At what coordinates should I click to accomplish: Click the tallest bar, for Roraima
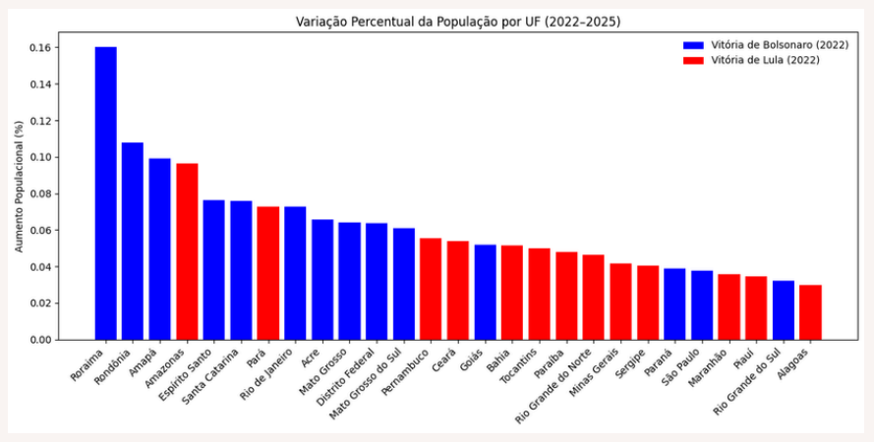(105, 193)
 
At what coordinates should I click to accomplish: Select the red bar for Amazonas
(187, 251)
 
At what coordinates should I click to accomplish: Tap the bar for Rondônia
(133, 242)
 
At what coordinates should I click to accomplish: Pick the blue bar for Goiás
(485, 293)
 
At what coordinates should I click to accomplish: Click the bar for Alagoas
(810, 312)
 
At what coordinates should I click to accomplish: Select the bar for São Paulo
(702, 305)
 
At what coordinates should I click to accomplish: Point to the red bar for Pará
(267, 273)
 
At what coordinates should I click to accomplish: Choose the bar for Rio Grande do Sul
(783, 310)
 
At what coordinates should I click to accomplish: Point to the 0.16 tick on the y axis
(42, 48)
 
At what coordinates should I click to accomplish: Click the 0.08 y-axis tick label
(42, 194)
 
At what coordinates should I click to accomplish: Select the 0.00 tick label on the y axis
(42, 340)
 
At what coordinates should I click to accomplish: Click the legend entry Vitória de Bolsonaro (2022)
(765, 45)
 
